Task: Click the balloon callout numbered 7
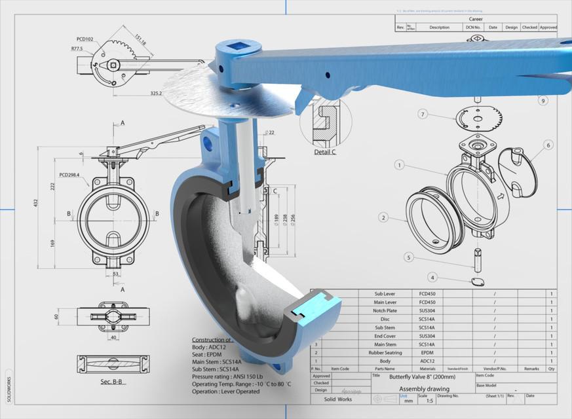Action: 423,114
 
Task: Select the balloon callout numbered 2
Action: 384,217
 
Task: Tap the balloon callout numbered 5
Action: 408,257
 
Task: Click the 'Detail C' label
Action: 325,152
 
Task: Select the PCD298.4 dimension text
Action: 73,175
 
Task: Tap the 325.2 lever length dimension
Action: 156,94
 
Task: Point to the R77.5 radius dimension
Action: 81,48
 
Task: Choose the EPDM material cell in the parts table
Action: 427,352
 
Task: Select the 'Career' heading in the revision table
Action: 476,20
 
